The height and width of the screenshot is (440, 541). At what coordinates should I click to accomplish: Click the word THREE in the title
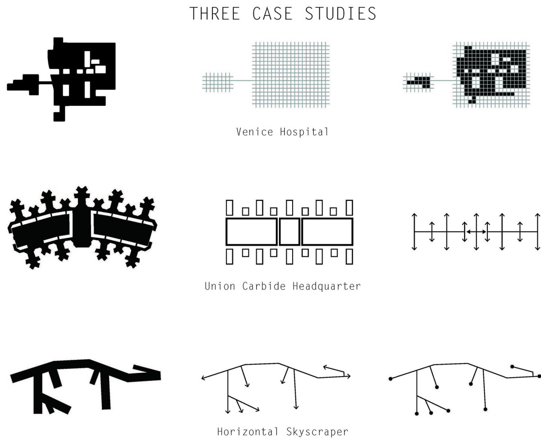pyautogui.click(x=215, y=14)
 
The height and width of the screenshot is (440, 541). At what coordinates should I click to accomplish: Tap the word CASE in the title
pyautogui.click(x=272, y=14)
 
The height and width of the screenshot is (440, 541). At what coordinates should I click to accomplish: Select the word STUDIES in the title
pyautogui.click(x=340, y=14)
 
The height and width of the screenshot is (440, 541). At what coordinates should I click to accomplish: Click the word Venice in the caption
pyautogui.click(x=255, y=132)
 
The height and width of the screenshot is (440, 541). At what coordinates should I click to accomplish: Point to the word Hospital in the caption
pyautogui.click(x=304, y=132)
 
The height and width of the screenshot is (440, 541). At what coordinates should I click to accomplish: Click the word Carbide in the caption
pyautogui.click(x=264, y=286)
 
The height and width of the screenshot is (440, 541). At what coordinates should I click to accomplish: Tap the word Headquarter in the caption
pyautogui.click(x=327, y=286)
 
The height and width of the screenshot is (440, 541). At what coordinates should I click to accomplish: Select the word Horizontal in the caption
pyautogui.click(x=248, y=431)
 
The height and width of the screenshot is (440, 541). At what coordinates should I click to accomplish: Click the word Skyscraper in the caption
pyautogui.click(x=317, y=432)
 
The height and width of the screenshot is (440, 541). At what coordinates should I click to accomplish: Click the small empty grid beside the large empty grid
pyautogui.click(x=218, y=82)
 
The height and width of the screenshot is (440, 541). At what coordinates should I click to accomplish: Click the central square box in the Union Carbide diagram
pyautogui.click(x=289, y=231)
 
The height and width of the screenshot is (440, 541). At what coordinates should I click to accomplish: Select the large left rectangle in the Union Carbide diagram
pyautogui.click(x=252, y=231)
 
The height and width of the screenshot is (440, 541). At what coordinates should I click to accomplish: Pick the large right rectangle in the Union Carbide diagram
pyautogui.click(x=327, y=231)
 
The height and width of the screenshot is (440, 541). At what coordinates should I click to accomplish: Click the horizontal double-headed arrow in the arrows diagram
pyautogui.click(x=476, y=231)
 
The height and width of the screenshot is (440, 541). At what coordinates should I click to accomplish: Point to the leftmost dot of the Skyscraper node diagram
pyautogui.click(x=390, y=379)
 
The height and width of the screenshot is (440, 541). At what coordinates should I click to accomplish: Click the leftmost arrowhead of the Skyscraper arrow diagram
pyautogui.click(x=203, y=378)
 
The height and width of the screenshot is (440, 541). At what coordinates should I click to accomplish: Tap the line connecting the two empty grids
pyautogui.click(x=243, y=81)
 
